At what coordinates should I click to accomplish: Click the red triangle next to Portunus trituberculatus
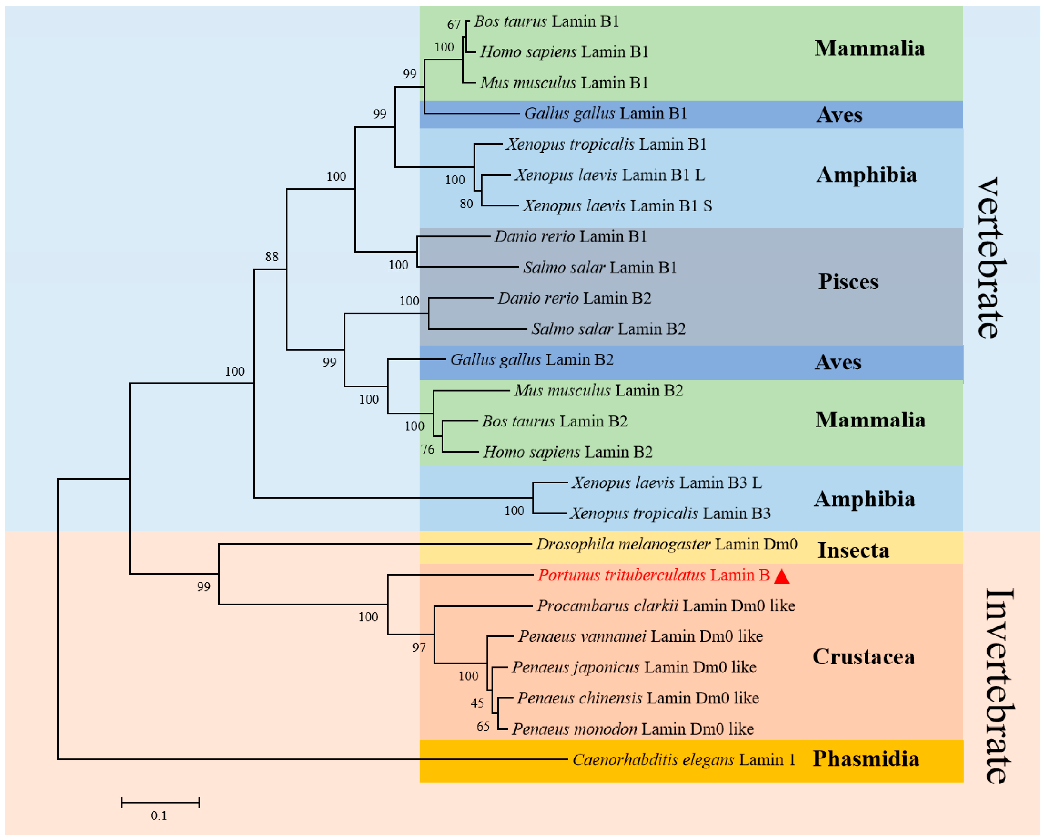tap(782, 577)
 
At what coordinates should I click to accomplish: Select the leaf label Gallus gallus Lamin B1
tap(605, 113)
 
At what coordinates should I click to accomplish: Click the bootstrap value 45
tap(477, 703)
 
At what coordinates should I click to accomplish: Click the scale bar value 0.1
tap(159, 816)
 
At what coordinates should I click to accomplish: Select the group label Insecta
tap(853, 550)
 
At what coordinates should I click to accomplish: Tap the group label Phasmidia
tap(865, 759)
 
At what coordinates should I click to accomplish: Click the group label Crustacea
tap(863, 657)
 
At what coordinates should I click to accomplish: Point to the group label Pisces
tap(848, 282)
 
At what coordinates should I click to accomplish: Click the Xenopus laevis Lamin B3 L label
tap(666, 483)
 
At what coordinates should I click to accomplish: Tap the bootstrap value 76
tap(428, 449)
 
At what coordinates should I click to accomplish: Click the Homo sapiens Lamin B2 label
tap(567, 452)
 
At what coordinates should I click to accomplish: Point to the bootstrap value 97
tap(419, 648)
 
